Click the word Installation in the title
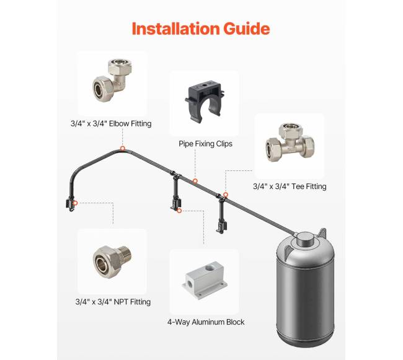coord(175,29)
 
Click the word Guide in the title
coord(247,29)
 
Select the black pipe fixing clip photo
coord(205,101)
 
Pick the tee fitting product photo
coord(290,142)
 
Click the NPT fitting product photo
coord(112,261)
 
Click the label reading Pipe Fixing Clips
coord(205,144)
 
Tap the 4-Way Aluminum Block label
coord(206,322)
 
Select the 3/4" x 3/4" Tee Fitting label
coord(290,186)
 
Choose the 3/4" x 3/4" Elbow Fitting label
coord(111,123)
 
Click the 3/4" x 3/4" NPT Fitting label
coord(113,302)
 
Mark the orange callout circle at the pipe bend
coord(123,149)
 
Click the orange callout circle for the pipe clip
coord(195,181)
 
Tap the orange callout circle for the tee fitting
coord(226,195)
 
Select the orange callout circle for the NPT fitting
coord(75,203)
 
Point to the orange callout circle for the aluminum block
coord(179,211)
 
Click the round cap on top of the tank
coord(306,239)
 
